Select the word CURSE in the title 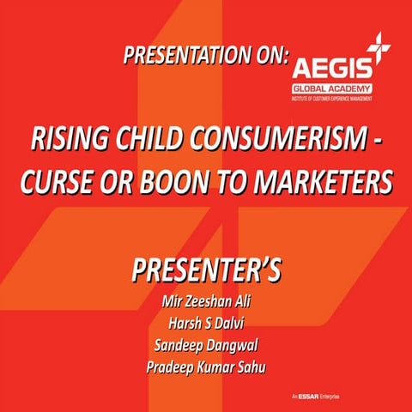coord(70,182)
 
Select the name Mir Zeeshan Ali coord(206,301)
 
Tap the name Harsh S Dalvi coord(206,324)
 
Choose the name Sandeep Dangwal coord(206,346)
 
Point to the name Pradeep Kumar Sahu coord(206,369)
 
